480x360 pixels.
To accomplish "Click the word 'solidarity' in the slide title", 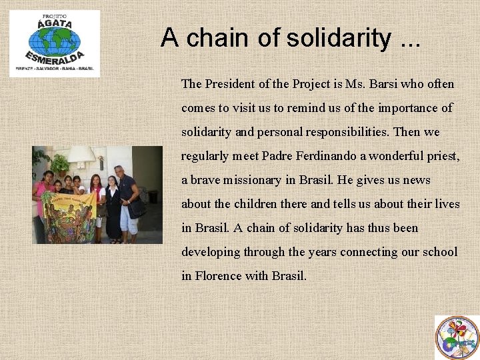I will (x=338, y=38).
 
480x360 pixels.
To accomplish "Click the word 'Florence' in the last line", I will (x=219, y=275).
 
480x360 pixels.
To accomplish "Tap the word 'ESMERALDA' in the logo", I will (x=55, y=57).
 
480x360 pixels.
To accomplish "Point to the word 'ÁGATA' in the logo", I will (x=54, y=23).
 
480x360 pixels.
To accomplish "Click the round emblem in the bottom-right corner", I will (x=457, y=337).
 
